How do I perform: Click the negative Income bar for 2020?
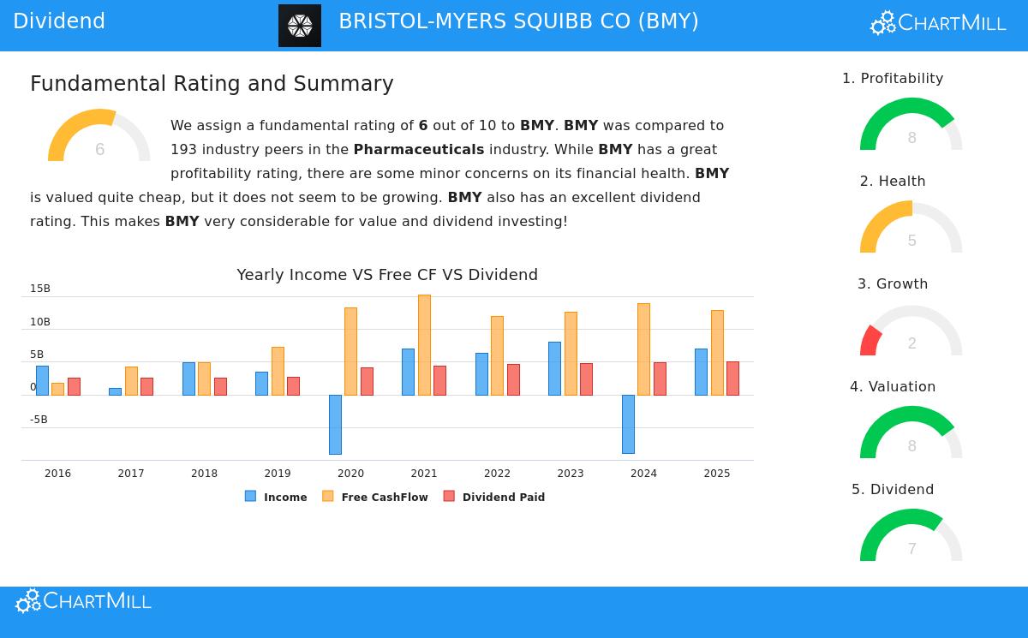335,424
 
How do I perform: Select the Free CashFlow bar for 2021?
424,344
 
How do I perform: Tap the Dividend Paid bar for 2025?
732,378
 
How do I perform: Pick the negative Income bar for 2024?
628,424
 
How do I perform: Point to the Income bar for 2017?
115,391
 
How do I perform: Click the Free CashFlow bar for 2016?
57,389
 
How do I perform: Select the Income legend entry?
276,497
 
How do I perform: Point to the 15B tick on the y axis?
40,289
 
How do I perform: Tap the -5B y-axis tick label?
39,420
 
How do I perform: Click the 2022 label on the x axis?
497,474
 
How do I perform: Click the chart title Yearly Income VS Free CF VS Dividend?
387,275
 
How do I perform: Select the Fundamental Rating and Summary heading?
212,84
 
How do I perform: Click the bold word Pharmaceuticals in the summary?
418,150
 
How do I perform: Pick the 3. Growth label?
893,284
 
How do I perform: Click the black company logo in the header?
300,26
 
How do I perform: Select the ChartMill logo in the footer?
83,601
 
